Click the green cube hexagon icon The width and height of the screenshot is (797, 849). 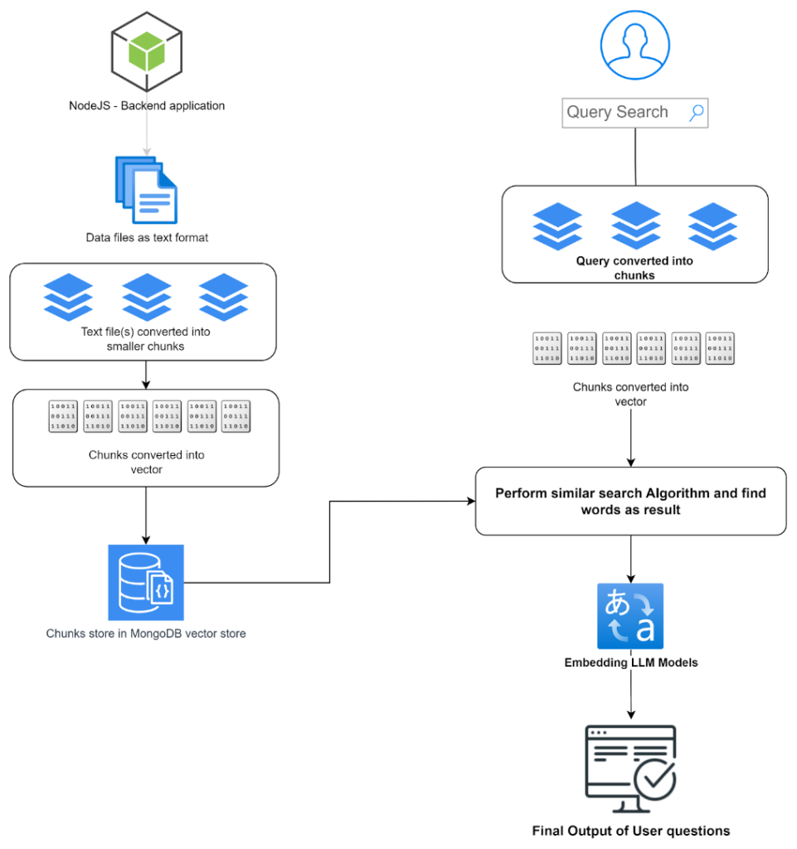147,51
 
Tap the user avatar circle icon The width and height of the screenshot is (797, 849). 634,45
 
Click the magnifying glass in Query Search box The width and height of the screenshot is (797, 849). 697,113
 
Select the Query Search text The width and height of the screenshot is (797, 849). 617,113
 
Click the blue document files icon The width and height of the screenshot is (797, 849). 146,191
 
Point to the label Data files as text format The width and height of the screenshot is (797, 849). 148,238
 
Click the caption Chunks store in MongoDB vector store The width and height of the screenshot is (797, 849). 146,633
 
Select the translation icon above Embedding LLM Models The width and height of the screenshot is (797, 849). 630,616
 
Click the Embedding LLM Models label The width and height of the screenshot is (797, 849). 631,662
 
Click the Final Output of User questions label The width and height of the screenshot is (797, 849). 631,831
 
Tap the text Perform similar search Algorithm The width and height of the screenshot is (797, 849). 630,502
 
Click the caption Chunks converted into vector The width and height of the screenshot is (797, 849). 146,462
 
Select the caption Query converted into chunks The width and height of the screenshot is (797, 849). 634,268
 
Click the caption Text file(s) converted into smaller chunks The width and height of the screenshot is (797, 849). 145,339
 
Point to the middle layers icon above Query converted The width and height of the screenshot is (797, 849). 636,226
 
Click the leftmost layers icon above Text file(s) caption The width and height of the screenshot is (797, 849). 68,297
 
